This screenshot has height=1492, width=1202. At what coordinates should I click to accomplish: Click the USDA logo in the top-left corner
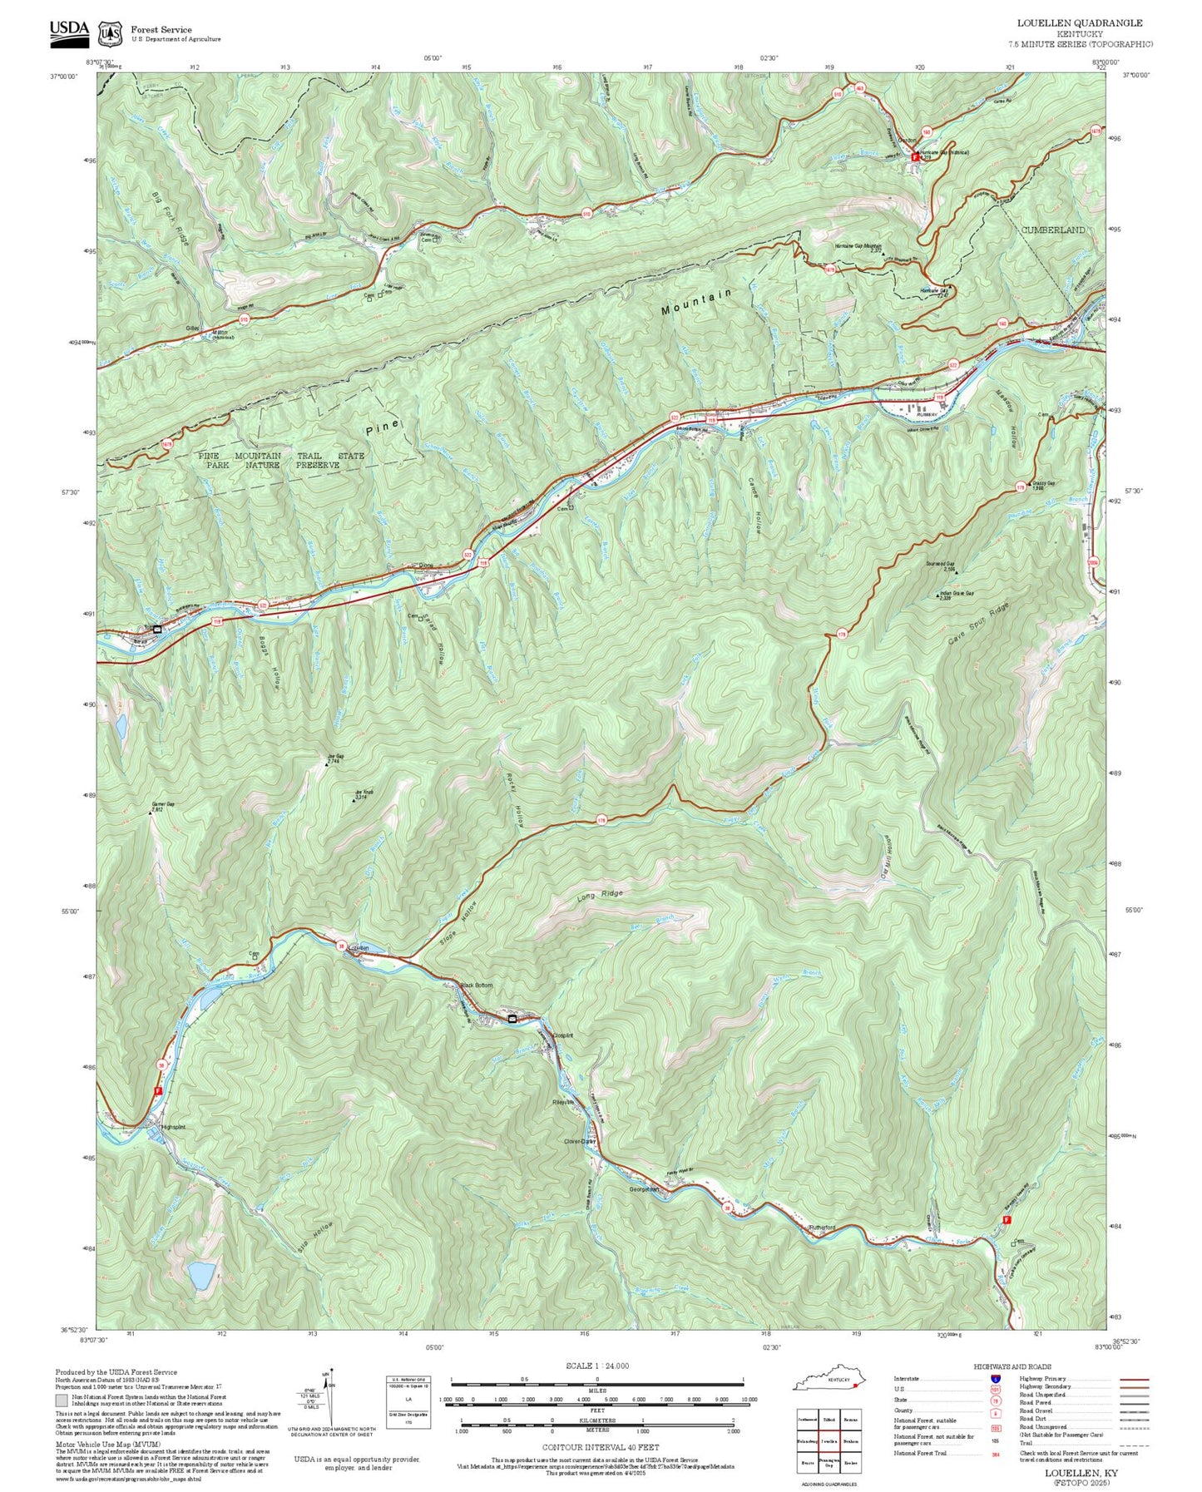(x=69, y=30)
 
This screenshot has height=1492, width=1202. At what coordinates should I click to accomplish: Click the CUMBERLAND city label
(x=1052, y=230)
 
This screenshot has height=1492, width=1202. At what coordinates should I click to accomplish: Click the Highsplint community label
(x=172, y=1127)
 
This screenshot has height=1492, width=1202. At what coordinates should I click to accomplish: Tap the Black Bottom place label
(x=477, y=986)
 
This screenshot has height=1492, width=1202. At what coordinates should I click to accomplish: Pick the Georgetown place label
(x=644, y=1189)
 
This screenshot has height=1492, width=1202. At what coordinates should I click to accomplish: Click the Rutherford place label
(x=822, y=1228)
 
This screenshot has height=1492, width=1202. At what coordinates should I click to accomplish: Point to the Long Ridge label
(x=600, y=897)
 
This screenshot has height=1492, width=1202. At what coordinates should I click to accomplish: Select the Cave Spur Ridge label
(x=979, y=624)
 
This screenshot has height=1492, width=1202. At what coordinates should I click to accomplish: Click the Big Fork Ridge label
(x=171, y=219)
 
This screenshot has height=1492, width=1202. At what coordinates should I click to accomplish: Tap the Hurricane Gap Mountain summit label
(x=858, y=247)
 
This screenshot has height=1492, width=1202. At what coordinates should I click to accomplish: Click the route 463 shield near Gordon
(x=859, y=87)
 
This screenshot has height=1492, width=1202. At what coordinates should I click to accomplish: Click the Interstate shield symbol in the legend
(x=995, y=1378)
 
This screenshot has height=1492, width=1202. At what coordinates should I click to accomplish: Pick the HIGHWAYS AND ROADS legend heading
(x=1012, y=1366)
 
